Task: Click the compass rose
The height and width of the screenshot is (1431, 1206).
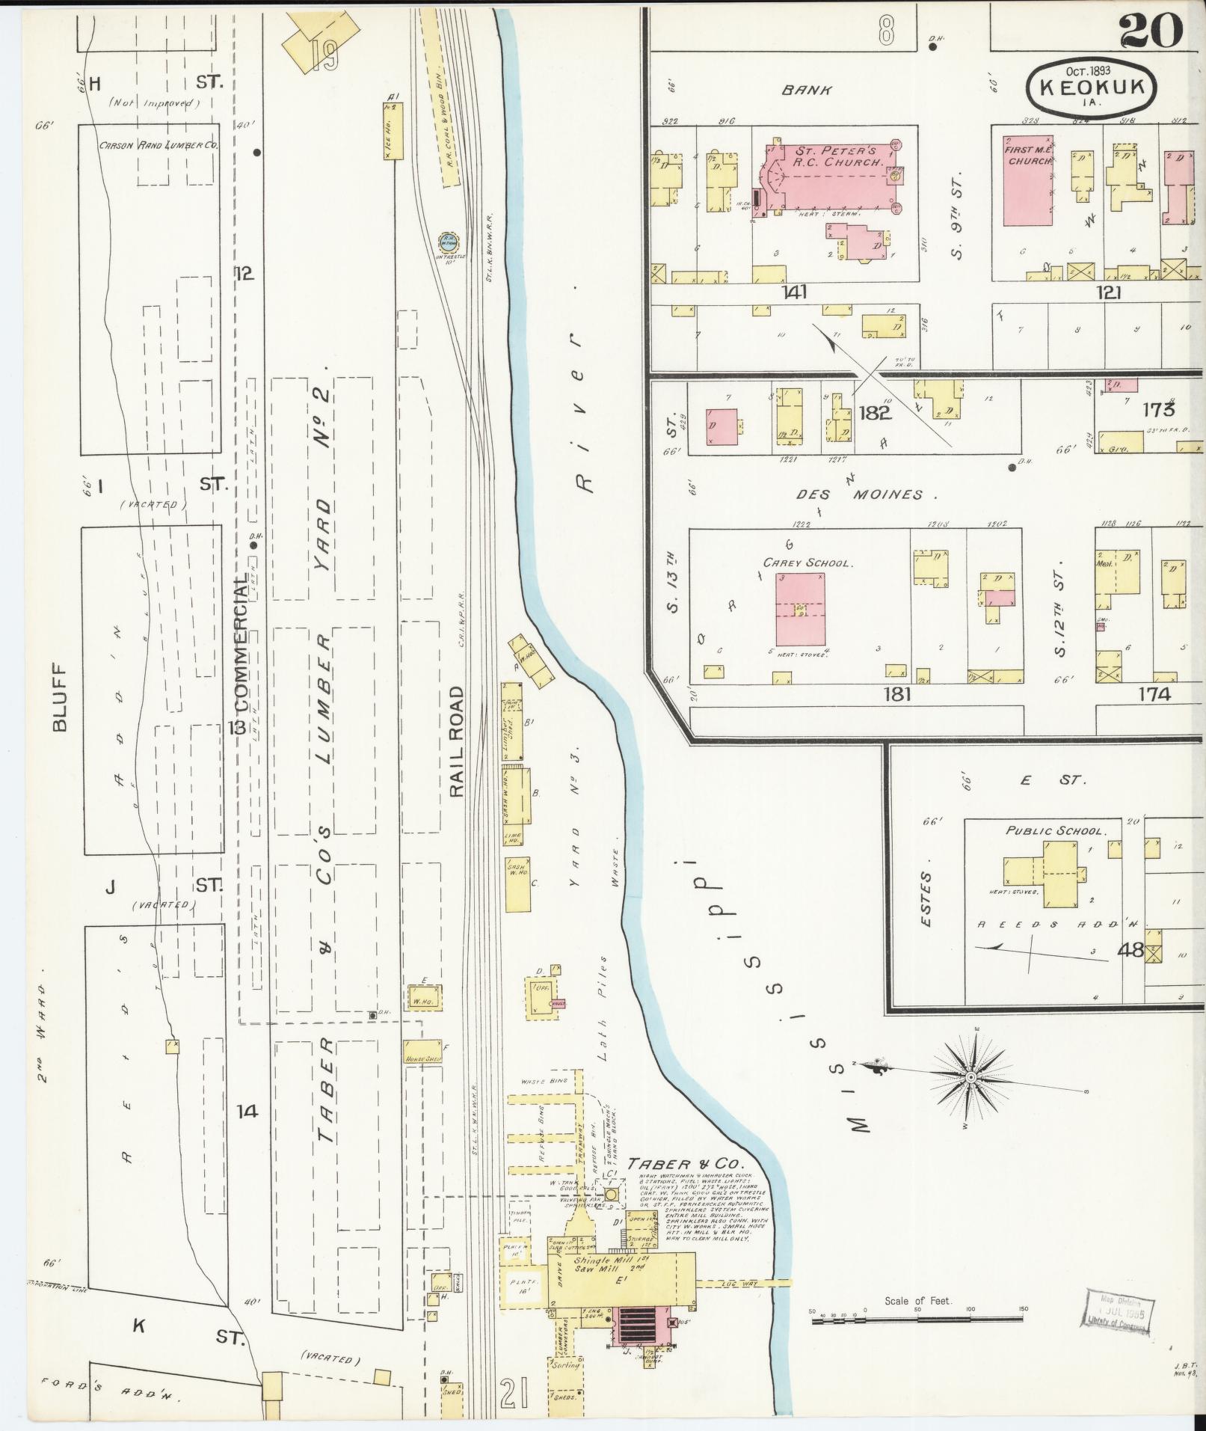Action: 970,1076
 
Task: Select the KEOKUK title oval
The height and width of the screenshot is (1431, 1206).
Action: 1092,87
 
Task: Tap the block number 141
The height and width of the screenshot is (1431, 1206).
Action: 794,293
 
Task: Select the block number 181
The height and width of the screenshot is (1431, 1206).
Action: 896,694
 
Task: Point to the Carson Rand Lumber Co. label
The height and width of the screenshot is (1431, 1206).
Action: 159,146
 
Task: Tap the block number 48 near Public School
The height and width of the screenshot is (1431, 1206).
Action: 1130,950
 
